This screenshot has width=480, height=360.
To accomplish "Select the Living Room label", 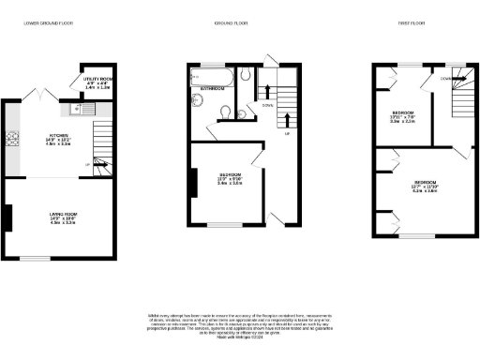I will click(63, 219).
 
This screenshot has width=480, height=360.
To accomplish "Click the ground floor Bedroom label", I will click(231, 179).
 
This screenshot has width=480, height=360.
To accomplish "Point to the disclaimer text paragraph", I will click(240, 322).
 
